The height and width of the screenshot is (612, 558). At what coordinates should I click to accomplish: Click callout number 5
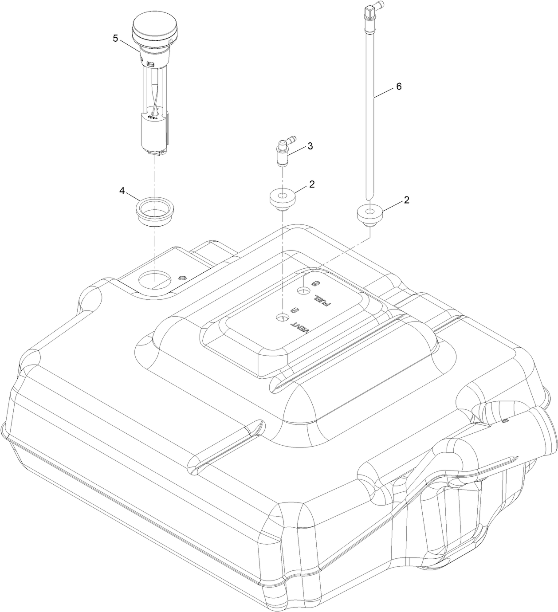[x=115, y=38]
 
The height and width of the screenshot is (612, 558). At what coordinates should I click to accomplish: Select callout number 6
[x=398, y=86]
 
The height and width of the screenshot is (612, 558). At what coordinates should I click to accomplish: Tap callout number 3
[x=310, y=146]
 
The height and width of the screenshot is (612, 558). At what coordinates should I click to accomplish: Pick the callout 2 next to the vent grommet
[x=312, y=185]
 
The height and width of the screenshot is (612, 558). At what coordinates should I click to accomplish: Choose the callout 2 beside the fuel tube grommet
[x=406, y=200]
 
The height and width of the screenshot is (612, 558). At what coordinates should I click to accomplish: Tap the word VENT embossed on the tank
[x=300, y=327]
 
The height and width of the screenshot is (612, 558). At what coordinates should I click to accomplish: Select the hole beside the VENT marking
[x=282, y=318]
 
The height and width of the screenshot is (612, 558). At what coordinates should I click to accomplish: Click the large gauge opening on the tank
[x=154, y=280]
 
